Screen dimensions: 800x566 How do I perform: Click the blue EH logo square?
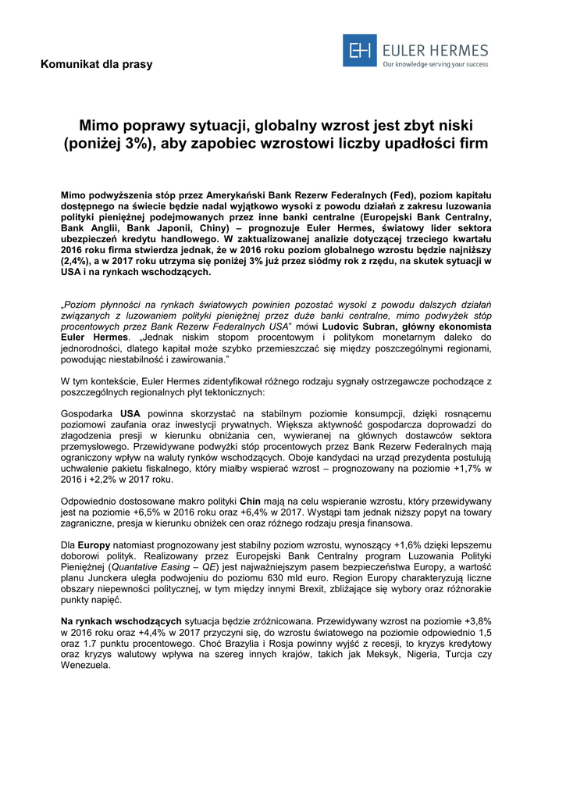click(360, 51)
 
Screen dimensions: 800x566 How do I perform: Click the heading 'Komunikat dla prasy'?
click(97, 64)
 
